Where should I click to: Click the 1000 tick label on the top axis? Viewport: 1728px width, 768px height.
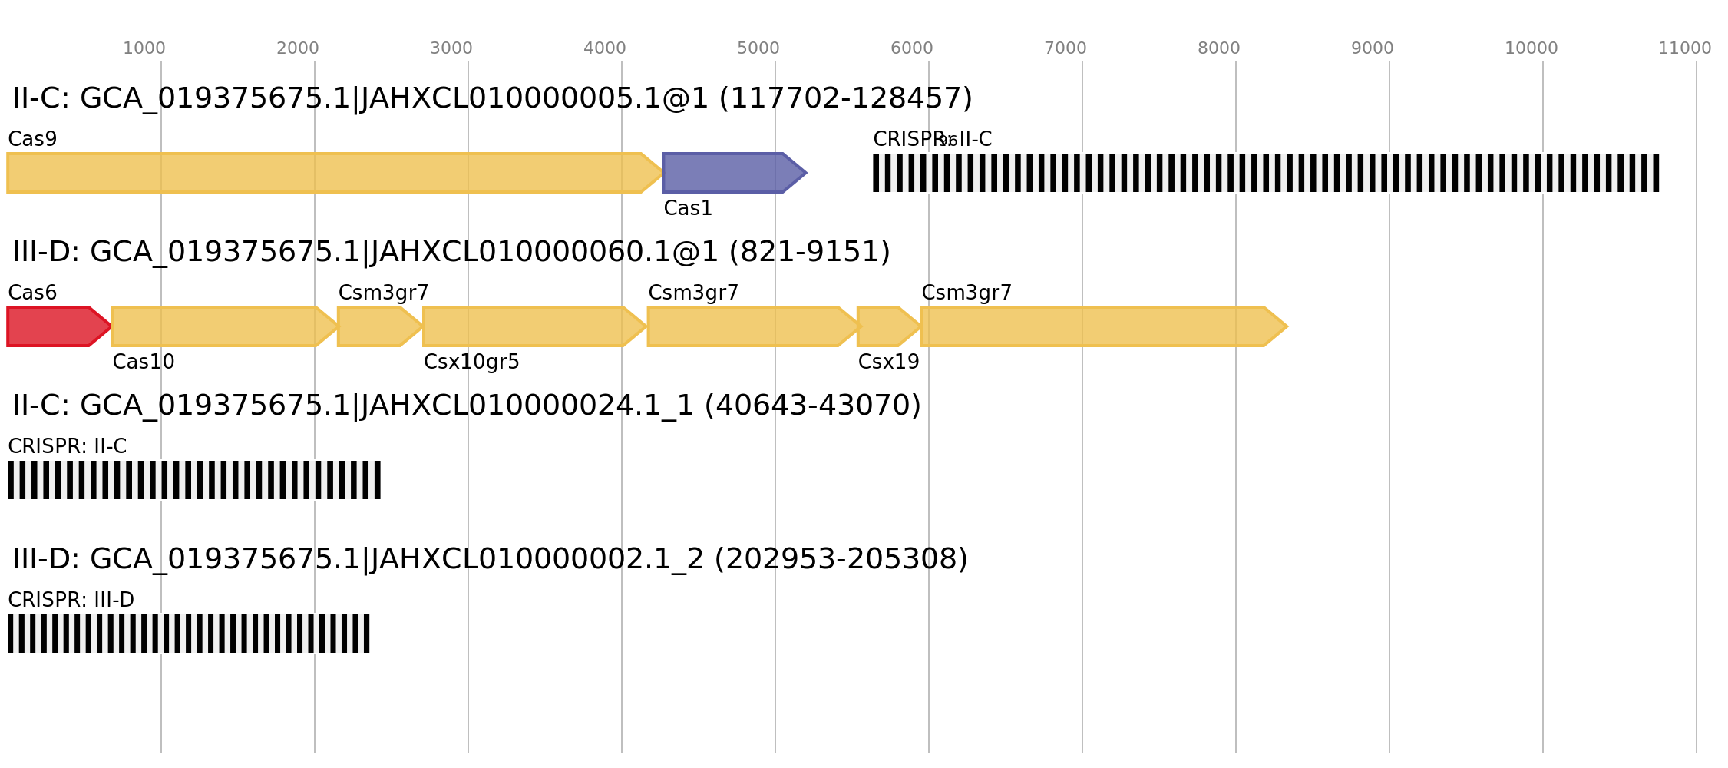tap(144, 48)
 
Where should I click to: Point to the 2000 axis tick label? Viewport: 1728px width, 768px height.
tap(297, 48)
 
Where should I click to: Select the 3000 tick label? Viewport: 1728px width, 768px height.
tap(451, 48)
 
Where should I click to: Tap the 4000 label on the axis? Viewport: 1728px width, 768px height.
tap(604, 48)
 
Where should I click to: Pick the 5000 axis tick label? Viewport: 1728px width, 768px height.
tap(758, 48)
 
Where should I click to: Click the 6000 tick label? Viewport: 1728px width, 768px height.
tap(911, 48)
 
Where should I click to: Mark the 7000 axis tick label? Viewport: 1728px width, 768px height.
tap(1065, 48)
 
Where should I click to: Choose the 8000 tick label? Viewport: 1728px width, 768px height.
tap(1218, 48)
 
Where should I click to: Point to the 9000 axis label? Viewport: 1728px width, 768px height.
tap(1372, 48)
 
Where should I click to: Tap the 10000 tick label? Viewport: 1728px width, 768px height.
tap(1531, 48)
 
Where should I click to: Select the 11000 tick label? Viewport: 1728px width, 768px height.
tap(1684, 48)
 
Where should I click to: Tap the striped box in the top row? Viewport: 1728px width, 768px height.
tap(1266, 173)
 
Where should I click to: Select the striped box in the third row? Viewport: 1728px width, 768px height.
tap(193, 480)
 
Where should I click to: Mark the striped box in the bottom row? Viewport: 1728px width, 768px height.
tap(188, 634)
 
